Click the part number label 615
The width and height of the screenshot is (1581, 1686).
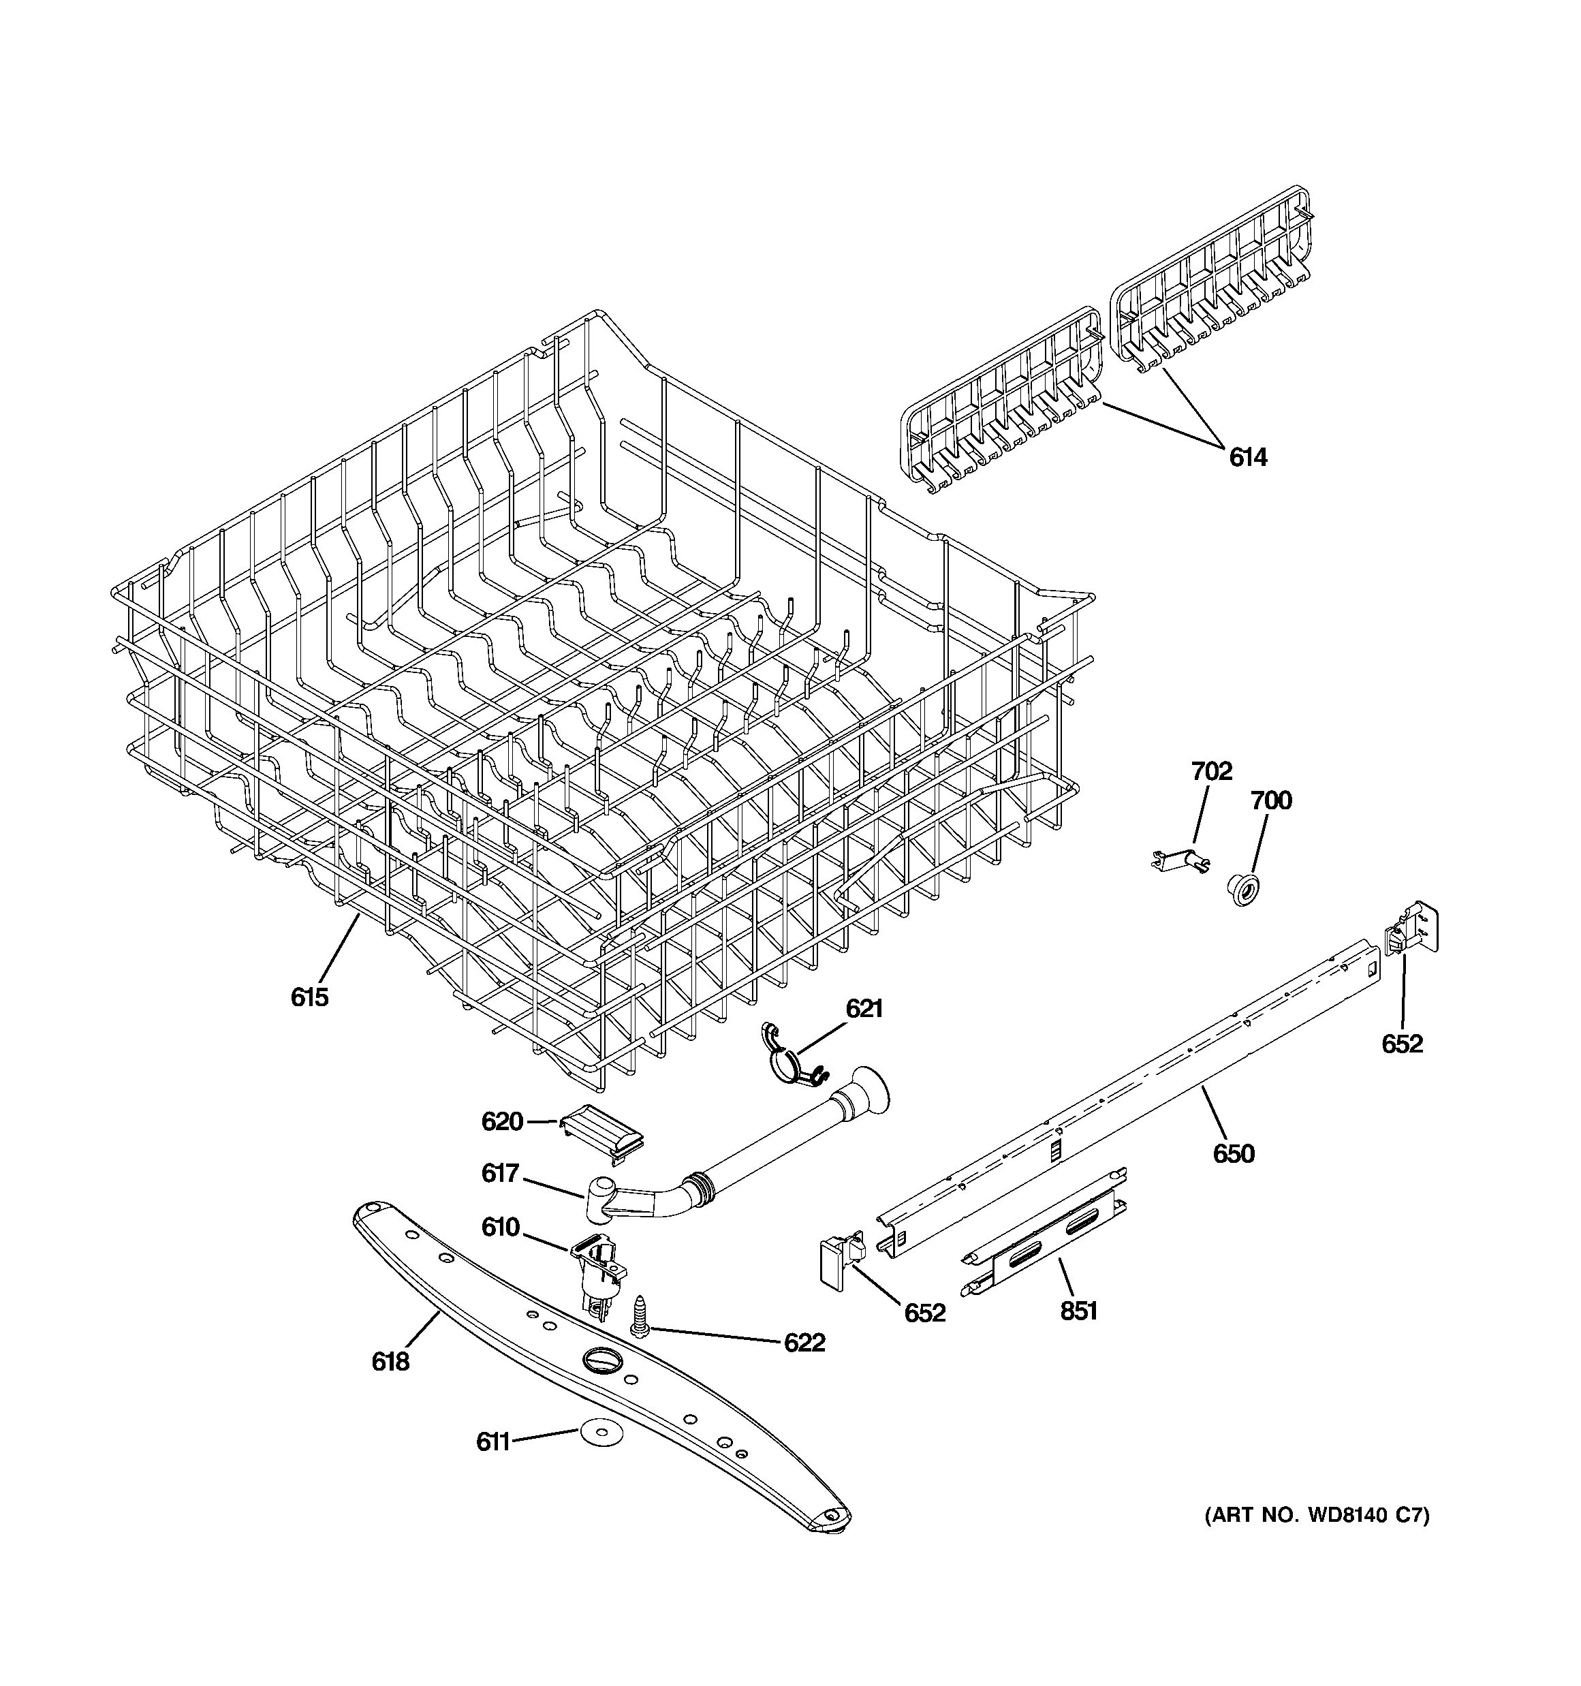(x=309, y=997)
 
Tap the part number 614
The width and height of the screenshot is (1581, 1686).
(x=1248, y=458)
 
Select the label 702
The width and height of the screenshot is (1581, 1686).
(x=1211, y=771)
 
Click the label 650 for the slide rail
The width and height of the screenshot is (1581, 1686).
(x=1233, y=1153)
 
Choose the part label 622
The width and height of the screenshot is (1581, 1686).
(x=804, y=1343)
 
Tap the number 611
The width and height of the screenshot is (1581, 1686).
(x=492, y=1441)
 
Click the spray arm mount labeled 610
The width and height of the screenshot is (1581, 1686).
(x=601, y=1268)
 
